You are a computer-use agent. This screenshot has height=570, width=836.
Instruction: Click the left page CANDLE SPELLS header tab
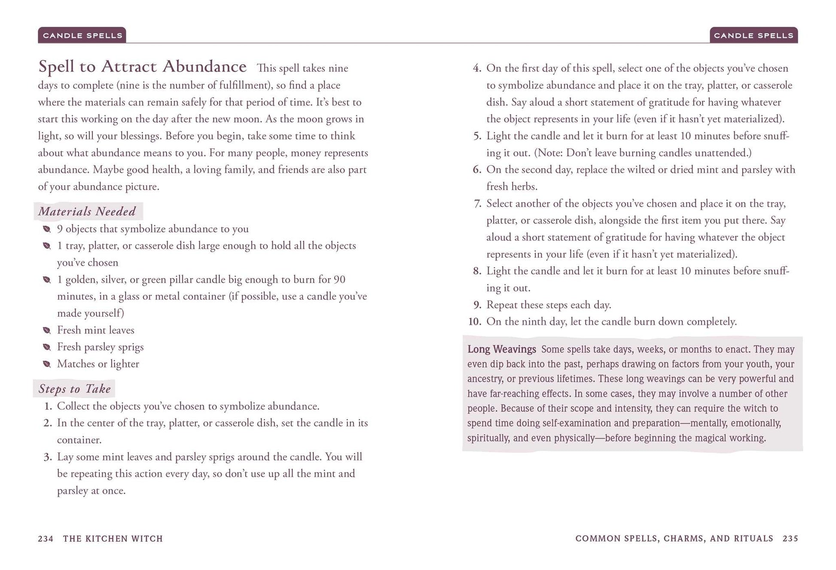82,35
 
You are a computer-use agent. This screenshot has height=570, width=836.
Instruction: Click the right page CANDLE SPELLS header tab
754,35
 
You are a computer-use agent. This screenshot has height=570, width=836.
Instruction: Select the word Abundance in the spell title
204,67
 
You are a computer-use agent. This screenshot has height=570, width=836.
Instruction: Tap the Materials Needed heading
87,211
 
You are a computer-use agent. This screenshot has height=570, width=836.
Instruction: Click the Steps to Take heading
74,389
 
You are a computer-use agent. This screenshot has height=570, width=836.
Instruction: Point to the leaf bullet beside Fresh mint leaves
47,330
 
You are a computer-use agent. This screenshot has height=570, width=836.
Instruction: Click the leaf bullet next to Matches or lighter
47,364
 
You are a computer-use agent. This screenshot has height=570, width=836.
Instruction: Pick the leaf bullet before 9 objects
47,229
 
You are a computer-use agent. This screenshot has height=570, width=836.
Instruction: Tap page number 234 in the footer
46,539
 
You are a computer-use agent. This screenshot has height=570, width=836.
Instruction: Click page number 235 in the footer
790,539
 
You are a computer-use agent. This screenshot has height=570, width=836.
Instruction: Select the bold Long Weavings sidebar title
501,349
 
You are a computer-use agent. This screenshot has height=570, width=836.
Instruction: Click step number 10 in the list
474,322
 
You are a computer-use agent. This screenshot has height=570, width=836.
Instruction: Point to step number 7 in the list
477,204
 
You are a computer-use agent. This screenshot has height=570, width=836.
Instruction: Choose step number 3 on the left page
48,457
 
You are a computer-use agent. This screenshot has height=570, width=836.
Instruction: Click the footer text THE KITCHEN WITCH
113,539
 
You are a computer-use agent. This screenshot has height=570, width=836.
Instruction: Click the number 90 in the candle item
339,280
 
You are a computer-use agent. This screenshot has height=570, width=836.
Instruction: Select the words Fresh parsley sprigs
100,347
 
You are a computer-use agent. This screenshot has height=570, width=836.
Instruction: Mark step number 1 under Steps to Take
48,406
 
